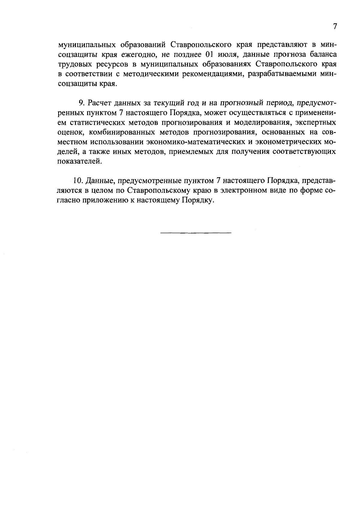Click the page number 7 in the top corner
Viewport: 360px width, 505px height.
[x=335, y=26]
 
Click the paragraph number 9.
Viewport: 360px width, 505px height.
[x=81, y=103]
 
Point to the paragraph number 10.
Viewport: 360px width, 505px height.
[x=77, y=181]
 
